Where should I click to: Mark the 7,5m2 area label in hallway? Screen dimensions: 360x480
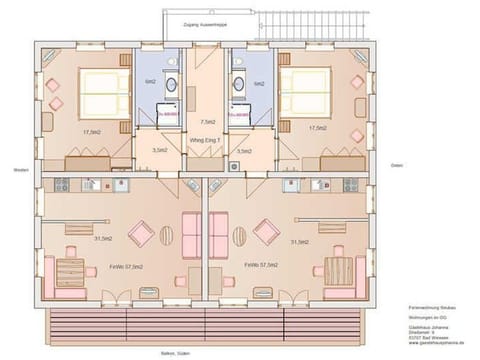tap(208, 121)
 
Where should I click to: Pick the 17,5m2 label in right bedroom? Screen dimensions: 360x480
tap(319, 129)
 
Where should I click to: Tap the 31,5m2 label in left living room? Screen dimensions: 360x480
tap(102, 239)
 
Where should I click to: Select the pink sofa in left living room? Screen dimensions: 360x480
tap(189, 238)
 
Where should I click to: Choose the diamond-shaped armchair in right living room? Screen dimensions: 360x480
tap(265, 233)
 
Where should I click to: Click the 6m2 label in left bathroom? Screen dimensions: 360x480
tap(150, 83)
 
